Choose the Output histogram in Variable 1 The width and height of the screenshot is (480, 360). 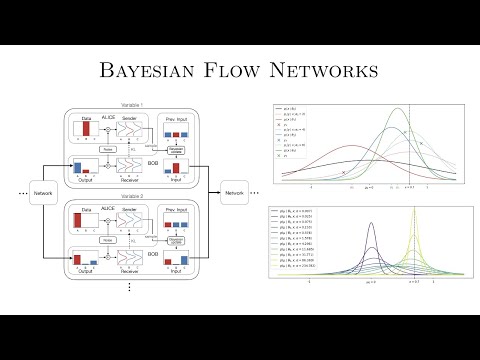(x=87, y=169)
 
